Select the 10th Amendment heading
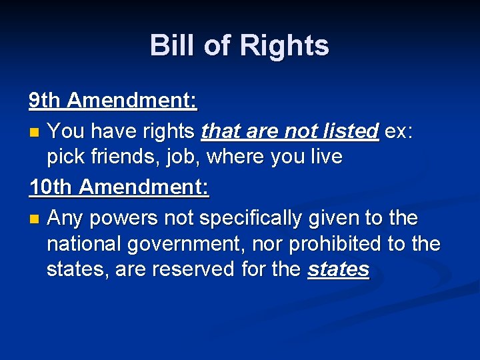(x=119, y=188)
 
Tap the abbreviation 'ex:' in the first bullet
(x=399, y=131)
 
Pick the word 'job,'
(x=184, y=157)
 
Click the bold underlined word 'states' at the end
(x=338, y=269)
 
